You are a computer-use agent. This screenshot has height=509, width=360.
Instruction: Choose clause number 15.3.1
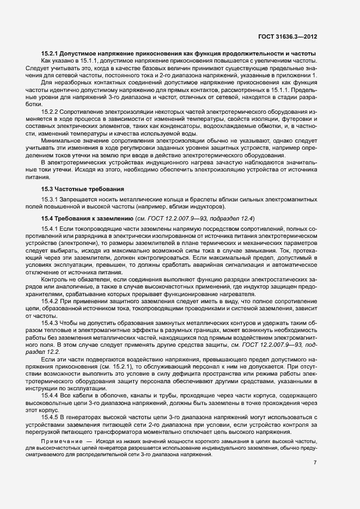(x=52, y=199)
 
